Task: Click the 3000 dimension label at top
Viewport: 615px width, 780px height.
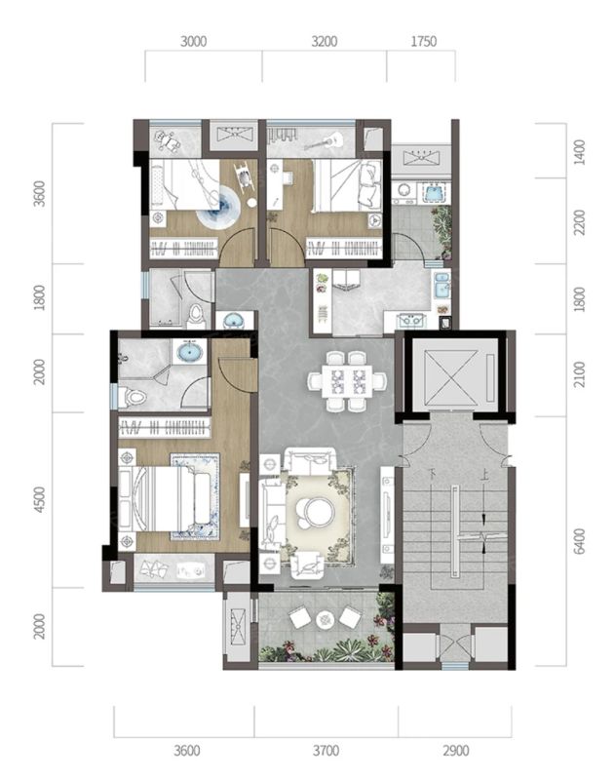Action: click(x=193, y=41)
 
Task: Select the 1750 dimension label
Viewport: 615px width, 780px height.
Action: click(x=424, y=41)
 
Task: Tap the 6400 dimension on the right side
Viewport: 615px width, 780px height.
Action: click(x=580, y=541)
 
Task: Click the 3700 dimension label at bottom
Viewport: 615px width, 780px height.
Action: click(x=327, y=750)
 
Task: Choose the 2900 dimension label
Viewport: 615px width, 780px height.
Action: click(x=456, y=750)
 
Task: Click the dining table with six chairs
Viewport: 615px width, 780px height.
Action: click(x=347, y=381)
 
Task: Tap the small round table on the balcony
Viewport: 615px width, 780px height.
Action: click(x=325, y=620)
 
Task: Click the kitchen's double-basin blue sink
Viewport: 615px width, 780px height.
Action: click(x=441, y=285)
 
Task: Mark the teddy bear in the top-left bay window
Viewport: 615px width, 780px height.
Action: click(x=167, y=140)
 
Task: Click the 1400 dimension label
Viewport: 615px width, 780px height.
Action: click(x=580, y=152)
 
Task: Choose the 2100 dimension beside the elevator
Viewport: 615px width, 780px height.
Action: click(x=580, y=374)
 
